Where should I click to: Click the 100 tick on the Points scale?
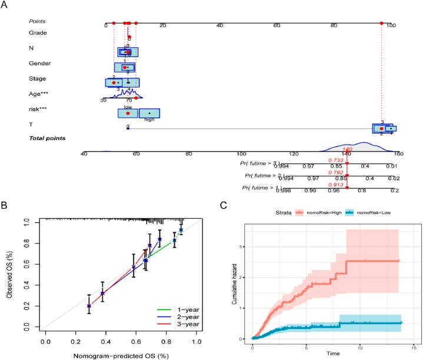390,25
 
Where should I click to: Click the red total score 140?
347,149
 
